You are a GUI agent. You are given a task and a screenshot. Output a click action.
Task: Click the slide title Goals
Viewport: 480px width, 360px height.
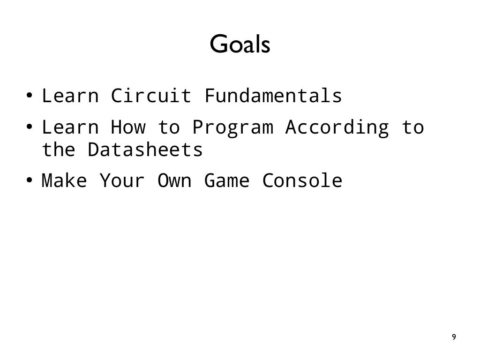click(x=240, y=45)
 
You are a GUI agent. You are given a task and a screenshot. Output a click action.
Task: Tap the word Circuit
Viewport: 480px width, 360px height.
click(x=151, y=96)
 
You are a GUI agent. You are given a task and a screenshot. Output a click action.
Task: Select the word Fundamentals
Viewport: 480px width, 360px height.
click(x=273, y=96)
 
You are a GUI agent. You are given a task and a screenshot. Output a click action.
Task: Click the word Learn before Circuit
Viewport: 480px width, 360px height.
click(x=70, y=96)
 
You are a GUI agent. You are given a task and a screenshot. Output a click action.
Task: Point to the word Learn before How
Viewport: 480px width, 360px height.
click(x=70, y=127)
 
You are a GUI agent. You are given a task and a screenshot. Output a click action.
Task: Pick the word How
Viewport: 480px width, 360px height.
click(x=128, y=127)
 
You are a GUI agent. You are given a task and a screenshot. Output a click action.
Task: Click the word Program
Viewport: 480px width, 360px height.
click(x=232, y=128)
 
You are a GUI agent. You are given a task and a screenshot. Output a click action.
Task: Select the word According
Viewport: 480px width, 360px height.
click(x=337, y=128)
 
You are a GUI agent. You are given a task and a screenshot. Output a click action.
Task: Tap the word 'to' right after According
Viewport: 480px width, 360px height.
click(x=412, y=127)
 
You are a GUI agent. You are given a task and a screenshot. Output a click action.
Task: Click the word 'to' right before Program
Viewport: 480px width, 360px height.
click(x=168, y=127)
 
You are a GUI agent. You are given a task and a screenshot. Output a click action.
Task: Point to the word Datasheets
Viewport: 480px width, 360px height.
click(x=145, y=150)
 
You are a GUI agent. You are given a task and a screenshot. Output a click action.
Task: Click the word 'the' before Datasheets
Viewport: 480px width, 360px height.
click(x=59, y=150)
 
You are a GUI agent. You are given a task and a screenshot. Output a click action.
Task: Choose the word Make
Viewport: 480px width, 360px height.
click(x=64, y=180)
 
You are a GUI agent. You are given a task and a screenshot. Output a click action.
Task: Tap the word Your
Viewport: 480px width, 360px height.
click(x=122, y=180)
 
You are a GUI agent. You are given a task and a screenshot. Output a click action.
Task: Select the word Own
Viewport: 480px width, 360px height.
click(x=174, y=180)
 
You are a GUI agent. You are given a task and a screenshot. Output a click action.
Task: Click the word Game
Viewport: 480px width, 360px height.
click(x=226, y=180)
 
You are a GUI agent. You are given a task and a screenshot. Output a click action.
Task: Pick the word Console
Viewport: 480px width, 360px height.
click(x=302, y=180)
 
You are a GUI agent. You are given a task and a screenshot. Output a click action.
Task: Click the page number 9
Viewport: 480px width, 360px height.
click(x=453, y=337)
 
